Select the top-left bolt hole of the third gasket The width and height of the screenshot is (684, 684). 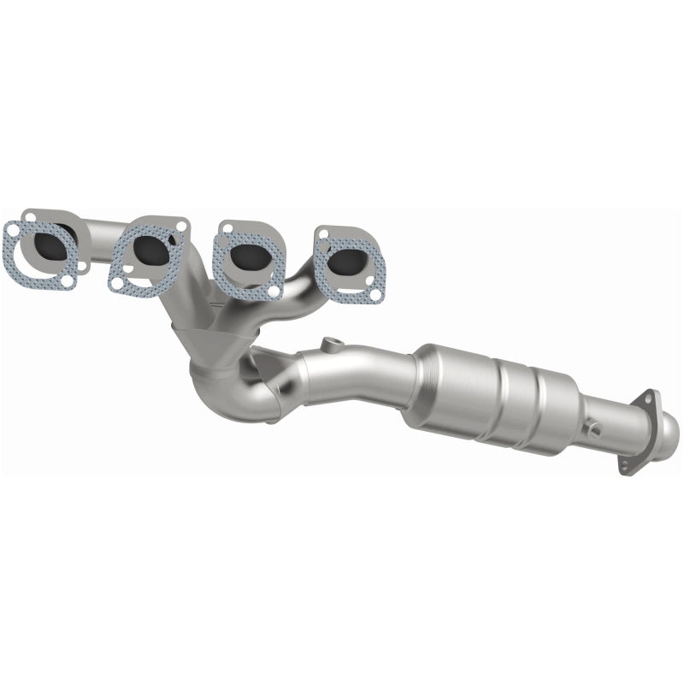tap(227, 228)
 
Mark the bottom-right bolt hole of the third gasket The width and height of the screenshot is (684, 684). tap(273, 292)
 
